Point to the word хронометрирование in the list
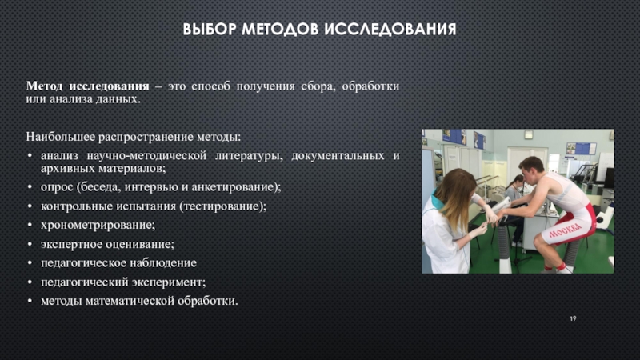click(x=98, y=225)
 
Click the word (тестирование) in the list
click(x=222, y=206)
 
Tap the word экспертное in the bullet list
click(x=71, y=244)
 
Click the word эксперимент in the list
click(x=174, y=282)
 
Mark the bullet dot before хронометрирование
click(x=30, y=226)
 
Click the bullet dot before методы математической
click(x=30, y=302)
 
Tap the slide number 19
click(x=573, y=318)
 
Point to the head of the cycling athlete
click(x=531, y=170)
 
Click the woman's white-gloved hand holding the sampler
click(x=478, y=231)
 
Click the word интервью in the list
click(x=151, y=187)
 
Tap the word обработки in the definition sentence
click(x=370, y=86)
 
